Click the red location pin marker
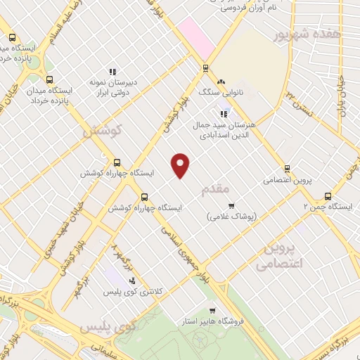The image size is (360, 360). (181, 165)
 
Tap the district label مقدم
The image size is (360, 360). (214, 190)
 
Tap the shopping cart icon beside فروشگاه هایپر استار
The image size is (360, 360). (212, 310)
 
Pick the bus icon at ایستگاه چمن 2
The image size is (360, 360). (328, 197)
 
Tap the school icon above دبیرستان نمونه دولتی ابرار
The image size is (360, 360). (112, 71)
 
